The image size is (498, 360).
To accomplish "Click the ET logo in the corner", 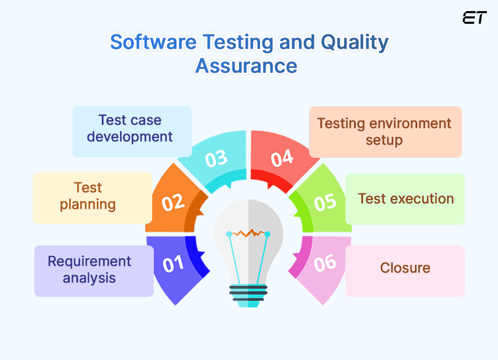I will tap(474, 18).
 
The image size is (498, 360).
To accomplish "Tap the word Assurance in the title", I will tap(246, 66).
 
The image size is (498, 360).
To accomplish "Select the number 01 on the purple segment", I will tap(173, 264).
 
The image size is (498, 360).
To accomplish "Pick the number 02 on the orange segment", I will tap(173, 202).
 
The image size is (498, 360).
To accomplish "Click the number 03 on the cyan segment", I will tap(216, 158).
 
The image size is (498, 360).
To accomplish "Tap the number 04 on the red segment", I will tap(282, 158).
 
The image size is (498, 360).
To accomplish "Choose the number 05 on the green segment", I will tap(325, 202).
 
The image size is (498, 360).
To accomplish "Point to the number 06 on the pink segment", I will tap(325, 263).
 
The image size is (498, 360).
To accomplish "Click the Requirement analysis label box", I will tap(94, 271).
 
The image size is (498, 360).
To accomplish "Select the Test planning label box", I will tap(92, 198).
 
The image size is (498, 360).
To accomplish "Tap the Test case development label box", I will tap(132, 131).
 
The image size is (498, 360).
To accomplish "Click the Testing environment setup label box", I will tap(385, 132).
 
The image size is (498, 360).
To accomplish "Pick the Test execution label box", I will tap(405, 199).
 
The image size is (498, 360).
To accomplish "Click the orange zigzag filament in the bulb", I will tap(248, 233).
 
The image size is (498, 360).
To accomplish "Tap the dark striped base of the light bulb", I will tap(249, 294).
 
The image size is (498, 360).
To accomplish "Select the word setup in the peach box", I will tap(384, 140).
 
